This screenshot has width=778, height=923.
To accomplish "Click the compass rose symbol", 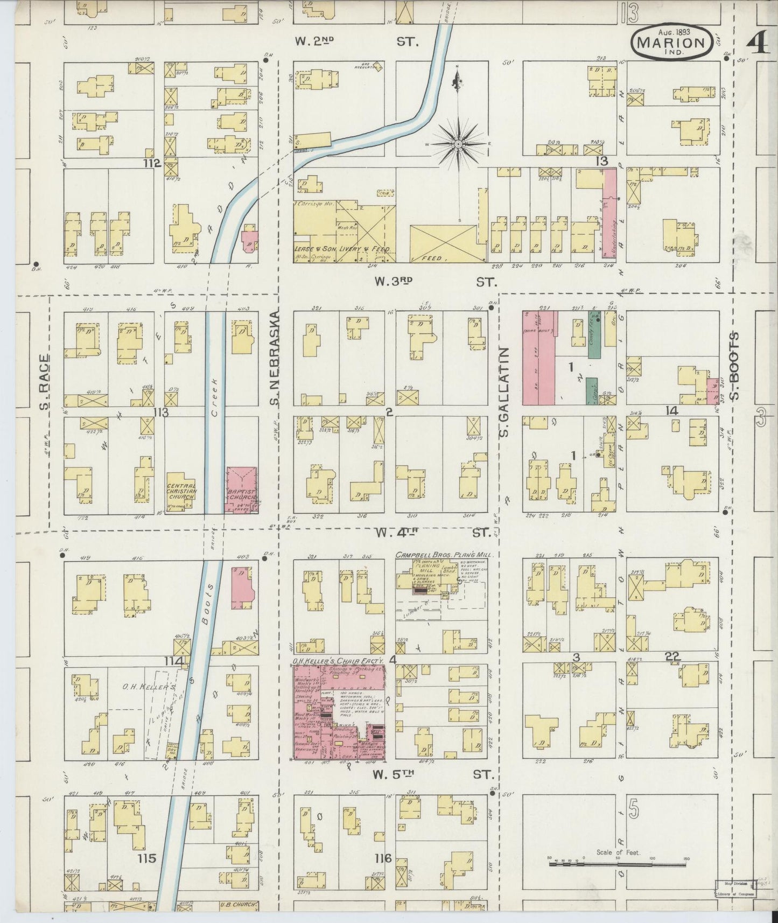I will [458, 144].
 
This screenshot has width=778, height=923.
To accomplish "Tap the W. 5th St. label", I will [433, 774].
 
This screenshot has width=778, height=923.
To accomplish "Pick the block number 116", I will [383, 858].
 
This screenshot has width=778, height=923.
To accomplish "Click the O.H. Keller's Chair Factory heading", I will [338, 660].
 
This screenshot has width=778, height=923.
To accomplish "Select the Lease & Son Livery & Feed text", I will [341, 249].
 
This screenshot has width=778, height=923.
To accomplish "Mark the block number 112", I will [152, 163].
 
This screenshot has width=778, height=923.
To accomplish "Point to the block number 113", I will [160, 412].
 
